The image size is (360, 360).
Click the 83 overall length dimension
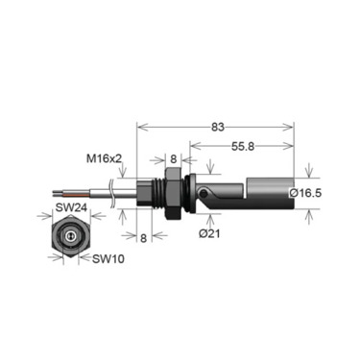[x=218, y=127]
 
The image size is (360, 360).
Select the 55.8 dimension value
[x=243, y=146]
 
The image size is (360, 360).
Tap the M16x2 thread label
[x=105, y=158]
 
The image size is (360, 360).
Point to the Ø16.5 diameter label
[x=305, y=193]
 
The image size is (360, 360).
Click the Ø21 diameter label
[x=209, y=233]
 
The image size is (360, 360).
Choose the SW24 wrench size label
[x=71, y=207]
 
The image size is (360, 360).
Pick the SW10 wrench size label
[x=108, y=258]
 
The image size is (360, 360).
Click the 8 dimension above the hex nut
[x=173, y=159]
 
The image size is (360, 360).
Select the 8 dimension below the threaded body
[x=144, y=238]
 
